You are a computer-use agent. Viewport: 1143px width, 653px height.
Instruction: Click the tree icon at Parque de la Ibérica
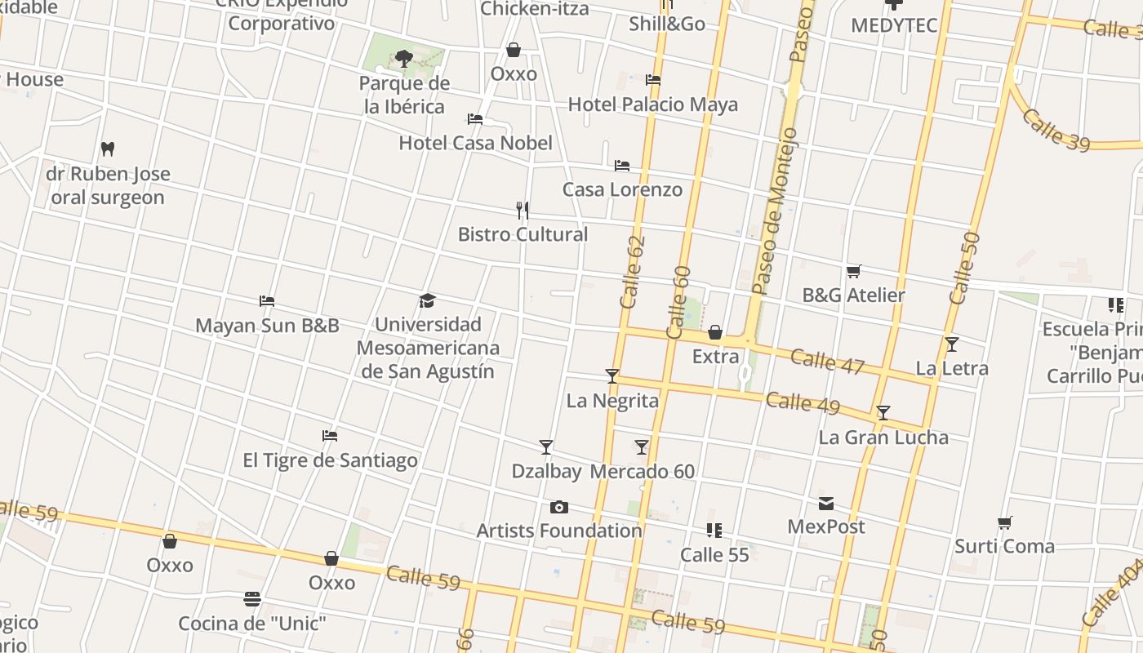403,58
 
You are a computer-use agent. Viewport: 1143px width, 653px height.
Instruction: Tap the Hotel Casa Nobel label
475,143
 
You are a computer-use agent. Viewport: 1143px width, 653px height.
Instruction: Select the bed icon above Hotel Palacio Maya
653,80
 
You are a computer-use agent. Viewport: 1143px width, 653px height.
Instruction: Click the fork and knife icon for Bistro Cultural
523,211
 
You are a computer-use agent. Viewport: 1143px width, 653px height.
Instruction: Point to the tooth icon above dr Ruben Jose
107,149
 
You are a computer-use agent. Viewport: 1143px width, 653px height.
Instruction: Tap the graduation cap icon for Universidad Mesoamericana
427,301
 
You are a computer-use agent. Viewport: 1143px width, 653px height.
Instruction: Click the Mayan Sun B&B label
267,326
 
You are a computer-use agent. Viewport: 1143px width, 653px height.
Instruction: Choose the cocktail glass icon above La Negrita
612,376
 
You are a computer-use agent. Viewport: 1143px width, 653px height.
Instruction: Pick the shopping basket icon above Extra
715,332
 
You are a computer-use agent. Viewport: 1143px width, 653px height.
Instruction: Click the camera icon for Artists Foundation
559,507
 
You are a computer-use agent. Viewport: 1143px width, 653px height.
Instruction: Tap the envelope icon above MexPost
826,504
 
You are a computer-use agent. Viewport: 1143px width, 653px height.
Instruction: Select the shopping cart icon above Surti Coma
1005,522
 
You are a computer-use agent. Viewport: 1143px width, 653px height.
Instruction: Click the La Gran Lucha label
883,438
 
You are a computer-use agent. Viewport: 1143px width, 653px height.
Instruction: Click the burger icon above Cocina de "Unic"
252,600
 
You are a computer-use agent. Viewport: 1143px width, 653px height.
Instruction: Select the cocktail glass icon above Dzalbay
546,447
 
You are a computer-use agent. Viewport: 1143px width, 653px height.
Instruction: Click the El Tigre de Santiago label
330,460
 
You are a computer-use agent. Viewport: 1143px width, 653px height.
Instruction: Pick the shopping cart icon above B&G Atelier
854,271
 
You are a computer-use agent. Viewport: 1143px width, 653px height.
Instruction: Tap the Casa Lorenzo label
622,189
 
